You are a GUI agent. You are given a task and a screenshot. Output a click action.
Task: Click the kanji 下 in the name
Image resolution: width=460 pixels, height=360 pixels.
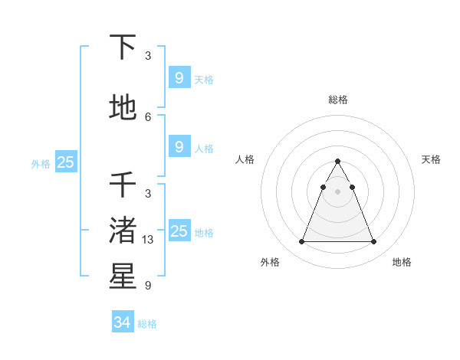tap(123, 47)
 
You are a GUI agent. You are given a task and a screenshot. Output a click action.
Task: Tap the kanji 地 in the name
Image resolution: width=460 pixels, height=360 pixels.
tap(123, 108)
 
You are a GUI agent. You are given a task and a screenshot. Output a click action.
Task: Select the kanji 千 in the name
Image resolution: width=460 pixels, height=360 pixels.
tap(123, 184)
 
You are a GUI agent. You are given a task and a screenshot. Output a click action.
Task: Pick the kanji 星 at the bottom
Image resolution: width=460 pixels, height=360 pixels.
tap(123, 277)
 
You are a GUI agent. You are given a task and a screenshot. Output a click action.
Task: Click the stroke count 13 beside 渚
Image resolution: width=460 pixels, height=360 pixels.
tap(148, 240)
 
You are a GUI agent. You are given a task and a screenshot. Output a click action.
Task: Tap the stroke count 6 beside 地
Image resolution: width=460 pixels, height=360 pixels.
tap(148, 116)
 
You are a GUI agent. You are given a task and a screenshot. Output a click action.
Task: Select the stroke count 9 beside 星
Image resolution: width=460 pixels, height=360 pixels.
tap(148, 286)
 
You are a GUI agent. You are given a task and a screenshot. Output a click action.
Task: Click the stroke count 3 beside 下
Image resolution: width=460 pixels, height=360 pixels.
tap(148, 56)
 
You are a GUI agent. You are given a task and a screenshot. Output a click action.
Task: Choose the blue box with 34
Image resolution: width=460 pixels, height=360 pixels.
tap(122, 322)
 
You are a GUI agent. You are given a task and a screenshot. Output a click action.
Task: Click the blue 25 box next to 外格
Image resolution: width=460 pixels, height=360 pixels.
tap(65, 162)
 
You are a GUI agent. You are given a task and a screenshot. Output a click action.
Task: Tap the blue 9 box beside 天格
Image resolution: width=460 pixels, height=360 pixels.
tap(179, 78)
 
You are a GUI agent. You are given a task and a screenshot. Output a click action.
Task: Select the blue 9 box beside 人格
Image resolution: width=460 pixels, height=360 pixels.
tap(179, 147)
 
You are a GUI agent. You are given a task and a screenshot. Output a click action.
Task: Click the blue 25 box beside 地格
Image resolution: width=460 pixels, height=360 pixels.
tap(179, 231)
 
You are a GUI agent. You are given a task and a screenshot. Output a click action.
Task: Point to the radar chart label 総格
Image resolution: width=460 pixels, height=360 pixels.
tap(337, 100)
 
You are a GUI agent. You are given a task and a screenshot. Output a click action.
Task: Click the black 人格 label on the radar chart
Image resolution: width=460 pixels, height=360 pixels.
tap(245, 159)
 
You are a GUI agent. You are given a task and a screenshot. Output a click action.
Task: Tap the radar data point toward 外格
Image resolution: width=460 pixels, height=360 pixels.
tap(301, 242)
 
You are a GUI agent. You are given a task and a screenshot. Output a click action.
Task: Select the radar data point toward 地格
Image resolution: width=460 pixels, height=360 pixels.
tap(373, 242)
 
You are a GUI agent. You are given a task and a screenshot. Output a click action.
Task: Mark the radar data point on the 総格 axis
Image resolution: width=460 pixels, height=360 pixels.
tap(337, 162)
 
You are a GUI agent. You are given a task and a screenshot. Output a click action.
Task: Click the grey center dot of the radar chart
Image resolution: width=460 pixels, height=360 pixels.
tap(337, 191)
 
